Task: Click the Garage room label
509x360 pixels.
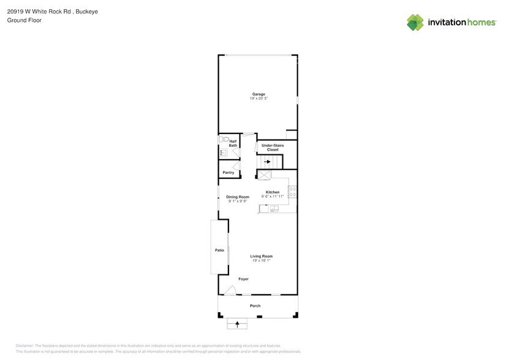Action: click(x=258, y=94)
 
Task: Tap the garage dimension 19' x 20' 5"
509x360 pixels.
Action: click(x=258, y=98)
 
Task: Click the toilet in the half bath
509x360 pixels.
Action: click(x=224, y=140)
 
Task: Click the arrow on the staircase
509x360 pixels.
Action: click(x=268, y=162)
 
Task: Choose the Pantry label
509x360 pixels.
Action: click(x=228, y=173)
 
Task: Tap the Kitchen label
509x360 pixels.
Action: click(x=273, y=192)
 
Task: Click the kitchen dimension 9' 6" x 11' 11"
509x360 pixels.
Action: click(x=273, y=197)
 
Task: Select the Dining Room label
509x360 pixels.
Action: click(x=238, y=197)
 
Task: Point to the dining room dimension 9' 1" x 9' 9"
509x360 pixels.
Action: click(x=238, y=201)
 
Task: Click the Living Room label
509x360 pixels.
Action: click(x=262, y=256)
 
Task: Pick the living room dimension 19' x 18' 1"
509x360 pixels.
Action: click(x=262, y=260)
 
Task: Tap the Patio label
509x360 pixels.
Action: click(x=219, y=250)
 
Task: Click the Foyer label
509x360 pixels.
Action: click(x=243, y=279)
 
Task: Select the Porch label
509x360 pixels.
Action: click(x=255, y=306)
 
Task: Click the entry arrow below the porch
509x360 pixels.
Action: click(x=237, y=323)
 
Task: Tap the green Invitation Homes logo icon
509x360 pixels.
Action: click(x=415, y=22)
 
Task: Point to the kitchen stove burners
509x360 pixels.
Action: click(x=293, y=192)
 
